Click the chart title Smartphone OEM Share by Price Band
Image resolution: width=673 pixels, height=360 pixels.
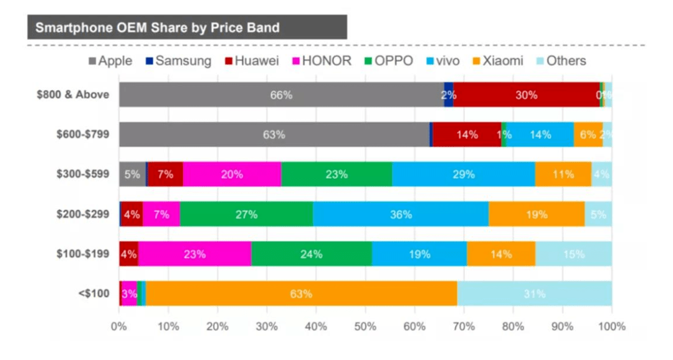pos(157,27)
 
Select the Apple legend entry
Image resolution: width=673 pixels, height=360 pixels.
pos(110,61)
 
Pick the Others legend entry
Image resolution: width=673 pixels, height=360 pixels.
pos(560,61)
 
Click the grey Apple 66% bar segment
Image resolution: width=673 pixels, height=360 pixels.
pos(281,95)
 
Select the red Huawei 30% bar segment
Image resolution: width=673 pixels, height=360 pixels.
pos(527,95)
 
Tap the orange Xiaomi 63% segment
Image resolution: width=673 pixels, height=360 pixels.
pos(301,293)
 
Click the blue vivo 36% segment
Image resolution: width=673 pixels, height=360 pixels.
pos(401,214)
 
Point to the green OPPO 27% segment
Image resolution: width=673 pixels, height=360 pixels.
pos(246,214)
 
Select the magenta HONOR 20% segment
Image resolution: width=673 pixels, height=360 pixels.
pos(232,174)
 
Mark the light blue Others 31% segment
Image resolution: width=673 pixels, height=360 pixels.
pos(535,293)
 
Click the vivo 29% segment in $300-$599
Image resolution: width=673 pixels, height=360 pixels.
pos(463,174)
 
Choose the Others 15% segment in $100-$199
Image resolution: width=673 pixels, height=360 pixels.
pos(573,254)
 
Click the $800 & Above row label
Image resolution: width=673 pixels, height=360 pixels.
pos(72,95)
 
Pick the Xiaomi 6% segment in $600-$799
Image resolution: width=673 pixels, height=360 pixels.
pos(588,135)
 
